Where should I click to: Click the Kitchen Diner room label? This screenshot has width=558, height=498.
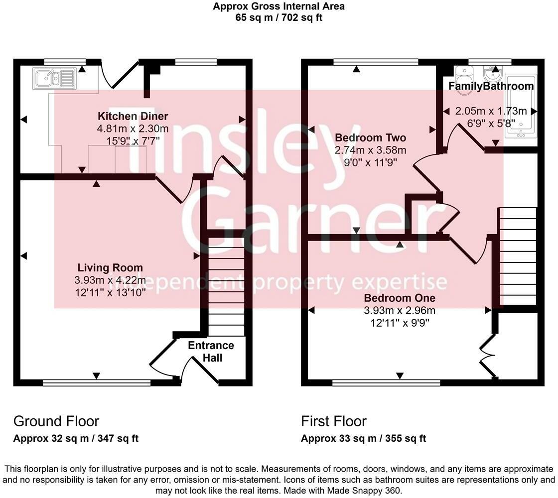pos(133,116)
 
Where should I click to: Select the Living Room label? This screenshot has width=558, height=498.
pos(110,268)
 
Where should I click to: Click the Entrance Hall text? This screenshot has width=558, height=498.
pos(211,352)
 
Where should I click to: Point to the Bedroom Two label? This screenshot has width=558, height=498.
pos(370,138)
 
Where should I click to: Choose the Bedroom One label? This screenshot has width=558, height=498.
pos(400,298)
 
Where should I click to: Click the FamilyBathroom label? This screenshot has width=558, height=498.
pos(491,86)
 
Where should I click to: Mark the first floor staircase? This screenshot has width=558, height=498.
pos(517,256)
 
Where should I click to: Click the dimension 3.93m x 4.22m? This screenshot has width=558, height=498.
pos(110,280)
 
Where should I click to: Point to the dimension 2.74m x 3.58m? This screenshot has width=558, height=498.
pos(370,150)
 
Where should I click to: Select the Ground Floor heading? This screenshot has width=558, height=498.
pos(56,421)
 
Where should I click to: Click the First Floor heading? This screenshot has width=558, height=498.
pos(334,421)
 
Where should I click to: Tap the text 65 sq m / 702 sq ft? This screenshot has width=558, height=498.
pos(279,17)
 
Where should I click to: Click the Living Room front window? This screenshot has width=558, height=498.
pos(96,382)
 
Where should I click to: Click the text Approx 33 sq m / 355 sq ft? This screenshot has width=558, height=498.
pos(363,439)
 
